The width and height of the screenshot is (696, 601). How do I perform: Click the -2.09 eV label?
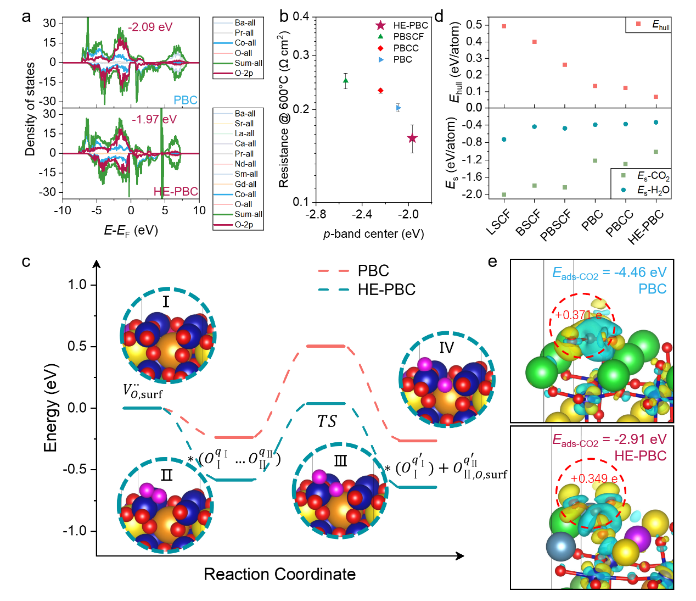pos(150,27)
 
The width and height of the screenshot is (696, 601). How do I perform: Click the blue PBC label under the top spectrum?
pos(186,100)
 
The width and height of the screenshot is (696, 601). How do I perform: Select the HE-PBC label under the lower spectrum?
pos(176,191)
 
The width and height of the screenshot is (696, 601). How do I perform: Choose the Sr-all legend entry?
pos(244,124)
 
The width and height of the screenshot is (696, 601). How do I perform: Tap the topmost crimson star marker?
pos(380,25)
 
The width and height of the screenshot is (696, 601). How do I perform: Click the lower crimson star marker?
pos(412,138)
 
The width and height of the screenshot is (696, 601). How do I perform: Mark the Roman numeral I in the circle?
pos(166,302)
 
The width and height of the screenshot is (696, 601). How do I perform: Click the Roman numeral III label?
pos(340,460)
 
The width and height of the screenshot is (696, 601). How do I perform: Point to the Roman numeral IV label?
pos(446,348)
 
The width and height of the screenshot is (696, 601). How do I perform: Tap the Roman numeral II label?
pos(166,475)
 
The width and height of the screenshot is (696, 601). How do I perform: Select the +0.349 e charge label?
pos(594,478)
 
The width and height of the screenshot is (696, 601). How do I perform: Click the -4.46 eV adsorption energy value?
pos(640,272)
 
